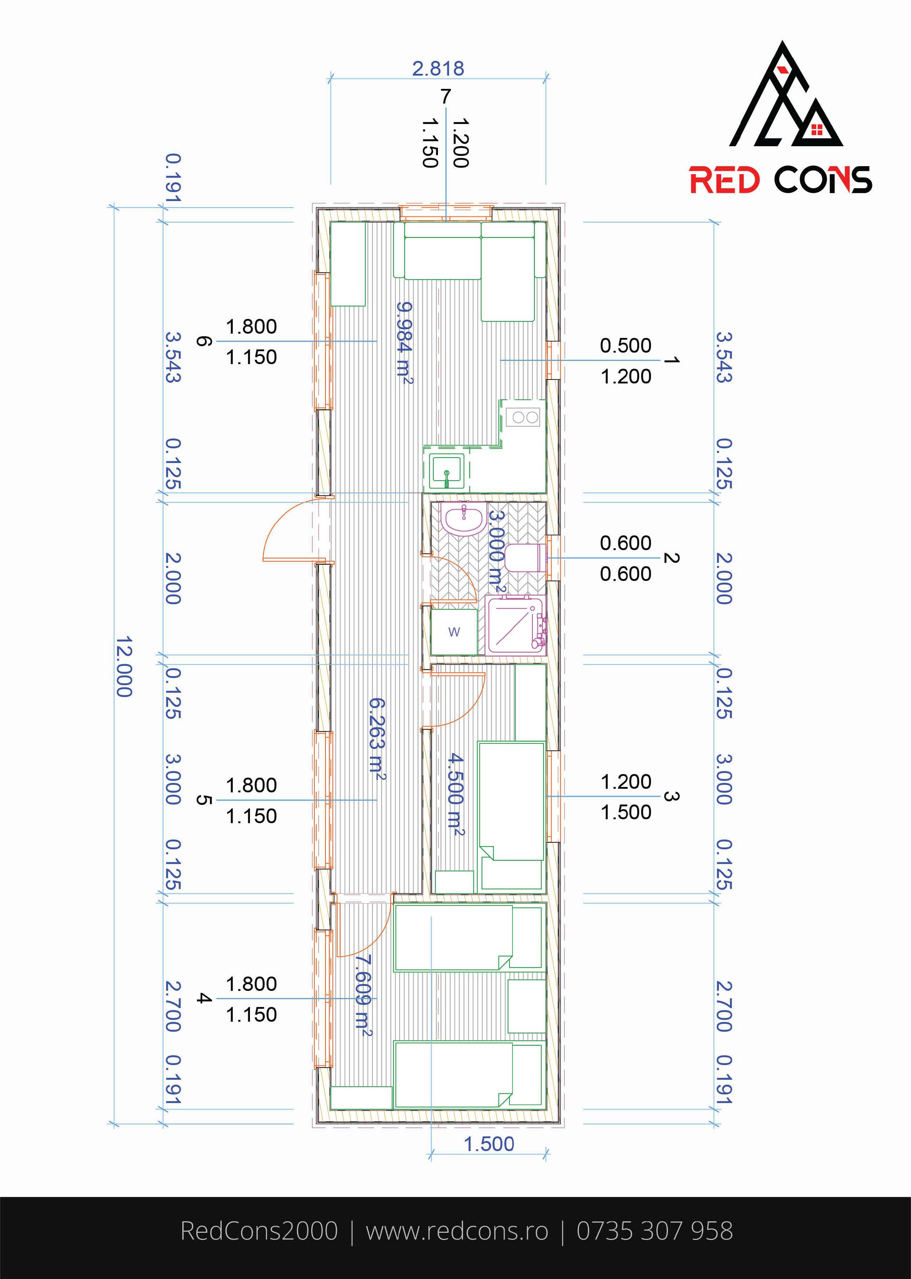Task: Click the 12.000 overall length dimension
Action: [x=124, y=666]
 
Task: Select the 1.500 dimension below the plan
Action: [x=488, y=1144]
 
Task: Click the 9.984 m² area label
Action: [x=404, y=343]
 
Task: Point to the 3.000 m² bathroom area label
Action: [x=496, y=550]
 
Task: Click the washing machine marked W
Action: [x=454, y=632]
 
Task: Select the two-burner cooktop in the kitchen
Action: [x=523, y=417]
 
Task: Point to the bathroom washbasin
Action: [x=463, y=517]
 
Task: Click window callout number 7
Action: [x=445, y=96]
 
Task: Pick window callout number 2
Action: [x=671, y=558]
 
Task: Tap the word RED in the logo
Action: [x=725, y=180]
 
